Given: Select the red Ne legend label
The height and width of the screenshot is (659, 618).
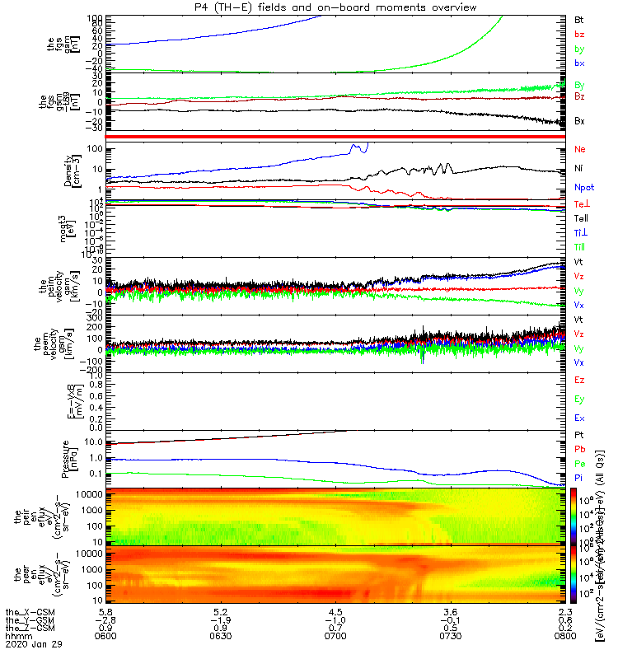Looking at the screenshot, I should click(580, 149).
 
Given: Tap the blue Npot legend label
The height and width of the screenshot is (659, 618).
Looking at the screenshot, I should click(583, 187).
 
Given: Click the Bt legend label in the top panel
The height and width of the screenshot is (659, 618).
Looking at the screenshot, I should click(580, 18).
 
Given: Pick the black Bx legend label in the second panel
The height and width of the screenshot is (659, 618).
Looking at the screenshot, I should click(580, 121).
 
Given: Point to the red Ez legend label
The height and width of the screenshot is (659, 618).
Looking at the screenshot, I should click(580, 380).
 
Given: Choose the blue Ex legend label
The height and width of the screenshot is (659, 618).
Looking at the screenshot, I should click(580, 418).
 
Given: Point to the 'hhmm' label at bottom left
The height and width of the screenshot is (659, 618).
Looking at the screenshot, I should click(16, 635).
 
